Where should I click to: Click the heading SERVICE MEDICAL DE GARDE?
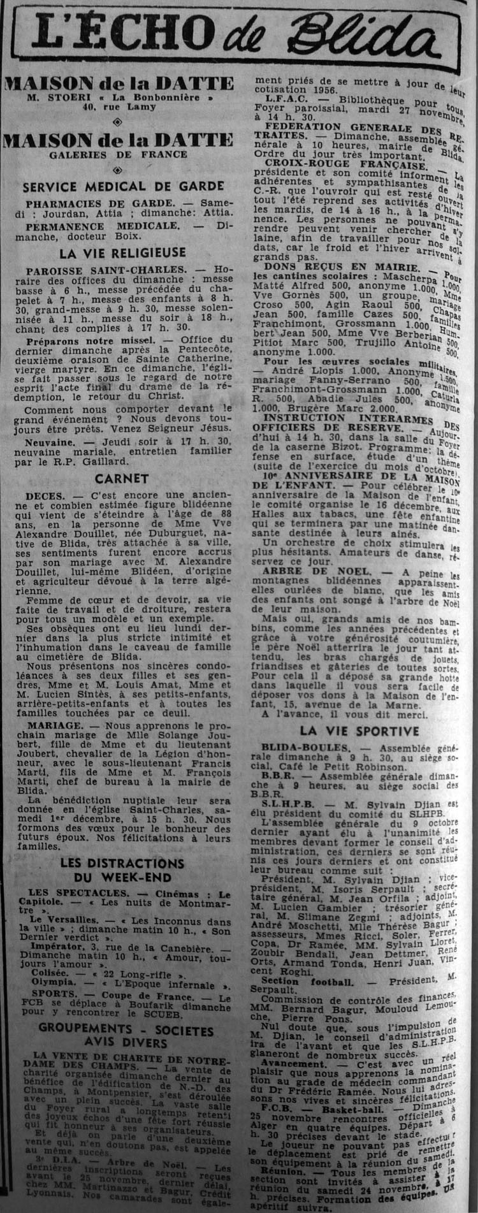point(122,187)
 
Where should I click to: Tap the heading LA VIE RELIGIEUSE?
point(122,253)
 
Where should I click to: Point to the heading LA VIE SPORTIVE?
point(354,729)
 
